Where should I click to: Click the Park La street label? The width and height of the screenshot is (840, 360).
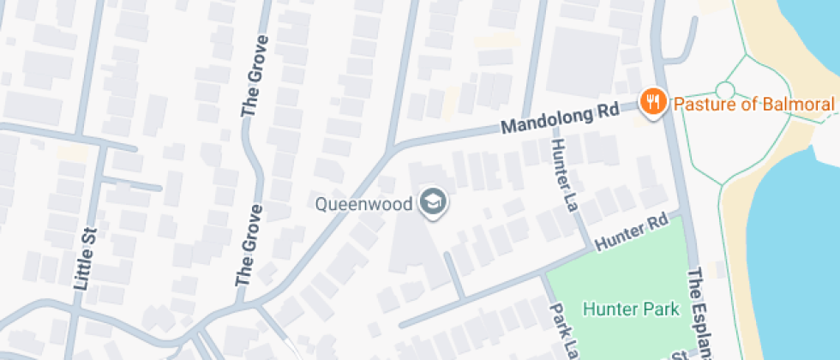coord(561,331)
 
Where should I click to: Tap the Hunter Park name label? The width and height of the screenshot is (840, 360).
coord(630,309)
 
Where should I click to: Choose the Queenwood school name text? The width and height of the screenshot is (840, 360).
coord(364,204)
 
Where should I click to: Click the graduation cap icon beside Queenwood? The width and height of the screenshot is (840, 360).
coord(432,203)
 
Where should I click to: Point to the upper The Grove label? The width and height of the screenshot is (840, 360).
coord(253,76)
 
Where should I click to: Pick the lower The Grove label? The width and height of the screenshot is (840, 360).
coord(248,245)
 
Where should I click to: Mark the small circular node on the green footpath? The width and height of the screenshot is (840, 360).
coord(725,89)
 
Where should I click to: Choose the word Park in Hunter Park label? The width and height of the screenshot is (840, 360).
coord(662,309)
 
